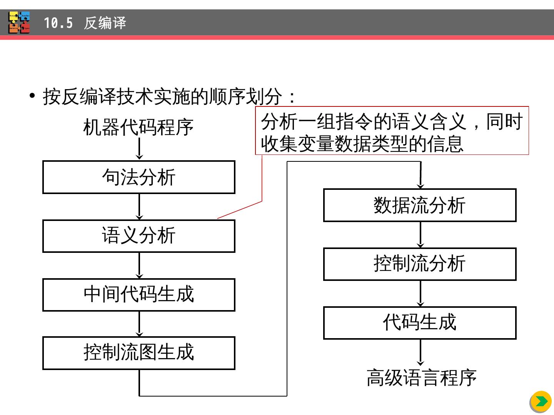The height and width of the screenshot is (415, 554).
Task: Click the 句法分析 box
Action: (138, 177)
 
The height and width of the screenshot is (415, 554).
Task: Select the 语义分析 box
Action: (138, 236)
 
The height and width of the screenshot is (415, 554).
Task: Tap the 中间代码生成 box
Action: (138, 295)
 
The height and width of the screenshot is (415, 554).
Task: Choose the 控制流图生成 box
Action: (138, 353)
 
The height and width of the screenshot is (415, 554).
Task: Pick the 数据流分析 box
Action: (420, 205)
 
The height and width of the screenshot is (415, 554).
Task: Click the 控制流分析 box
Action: (420, 264)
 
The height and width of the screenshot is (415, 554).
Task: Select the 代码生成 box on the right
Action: (420, 323)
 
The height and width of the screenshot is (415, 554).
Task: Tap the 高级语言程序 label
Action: (422, 378)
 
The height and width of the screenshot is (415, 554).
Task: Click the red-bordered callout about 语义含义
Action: (392, 131)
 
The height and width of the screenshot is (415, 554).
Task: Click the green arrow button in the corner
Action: (541, 402)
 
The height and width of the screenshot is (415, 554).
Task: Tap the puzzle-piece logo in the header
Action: (19, 23)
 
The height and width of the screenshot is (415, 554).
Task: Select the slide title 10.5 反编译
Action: (85, 23)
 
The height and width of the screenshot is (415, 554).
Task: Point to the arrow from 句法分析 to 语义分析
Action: (139, 207)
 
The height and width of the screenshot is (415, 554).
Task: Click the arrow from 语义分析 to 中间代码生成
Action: (139, 266)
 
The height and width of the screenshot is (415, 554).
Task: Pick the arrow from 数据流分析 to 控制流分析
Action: (420, 235)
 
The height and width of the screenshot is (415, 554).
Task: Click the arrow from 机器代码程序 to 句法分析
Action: (139, 148)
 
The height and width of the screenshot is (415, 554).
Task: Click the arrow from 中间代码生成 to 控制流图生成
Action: (139, 324)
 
